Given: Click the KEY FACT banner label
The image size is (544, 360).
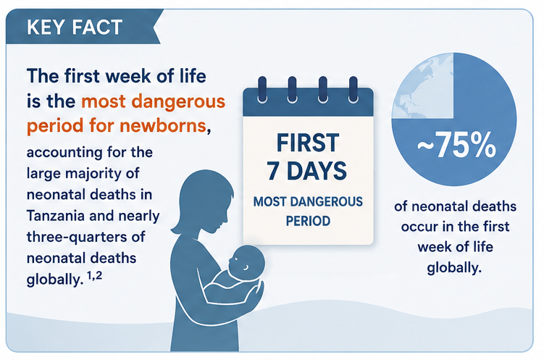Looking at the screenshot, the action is pyautogui.click(x=75, y=27).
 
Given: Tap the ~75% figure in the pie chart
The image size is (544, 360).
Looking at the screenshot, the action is pyautogui.click(x=456, y=145).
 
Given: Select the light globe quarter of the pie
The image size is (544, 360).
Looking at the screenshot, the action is pyautogui.click(x=423, y=85).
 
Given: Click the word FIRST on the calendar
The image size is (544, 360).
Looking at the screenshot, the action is pyautogui.click(x=308, y=143).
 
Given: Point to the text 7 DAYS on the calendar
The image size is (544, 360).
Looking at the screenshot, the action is pyautogui.click(x=306, y=171).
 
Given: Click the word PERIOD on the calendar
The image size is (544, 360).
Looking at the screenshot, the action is pyautogui.click(x=308, y=221).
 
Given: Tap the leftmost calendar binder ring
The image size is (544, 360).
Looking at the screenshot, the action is pyautogui.click(x=262, y=90).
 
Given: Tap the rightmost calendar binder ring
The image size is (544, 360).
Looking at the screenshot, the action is pyautogui.click(x=353, y=90).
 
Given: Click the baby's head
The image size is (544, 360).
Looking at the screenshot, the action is pyautogui.click(x=247, y=262).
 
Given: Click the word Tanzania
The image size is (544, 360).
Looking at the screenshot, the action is pyautogui.click(x=56, y=216).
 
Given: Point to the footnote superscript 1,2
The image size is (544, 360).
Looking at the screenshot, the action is pyautogui.click(x=94, y=276).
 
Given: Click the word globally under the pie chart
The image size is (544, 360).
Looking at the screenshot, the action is pyautogui.click(x=454, y=268).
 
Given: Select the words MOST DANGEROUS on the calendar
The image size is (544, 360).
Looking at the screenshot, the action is pyautogui.click(x=308, y=201).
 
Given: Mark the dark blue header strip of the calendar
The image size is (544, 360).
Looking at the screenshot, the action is pyautogui.click(x=308, y=102).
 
